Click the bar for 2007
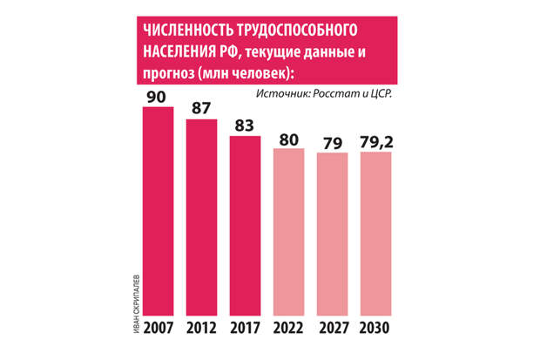tap(158, 211)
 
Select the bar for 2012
tap(201, 217)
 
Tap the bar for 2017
tap(246, 226)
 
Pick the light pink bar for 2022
tap(288, 232)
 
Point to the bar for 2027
tap(333, 234)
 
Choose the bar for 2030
tap(375, 234)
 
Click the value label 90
tap(157, 97)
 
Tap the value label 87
tap(201, 108)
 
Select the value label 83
tap(245, 126)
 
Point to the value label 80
tap(289, 140)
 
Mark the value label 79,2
tap(376, 142)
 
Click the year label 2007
tap(159, 328)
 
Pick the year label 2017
tap(246, 328)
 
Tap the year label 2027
tap(334, 328)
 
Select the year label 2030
tap(375, 328)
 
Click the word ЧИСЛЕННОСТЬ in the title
tap(187, 31)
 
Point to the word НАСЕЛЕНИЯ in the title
tap(179, 52)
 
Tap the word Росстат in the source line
tap(334, 93)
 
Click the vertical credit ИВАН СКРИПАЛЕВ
tap(137, 304)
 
